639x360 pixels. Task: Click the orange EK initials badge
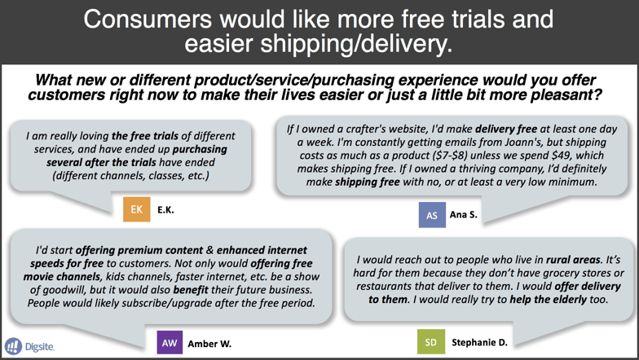pyautogui.click(x=137, y=209)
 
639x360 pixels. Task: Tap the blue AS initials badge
pyautogui.click(x=432, y=215)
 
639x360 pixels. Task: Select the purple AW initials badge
pyautogui.click(x=170, y=342)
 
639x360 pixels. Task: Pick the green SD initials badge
pyautogui.click(x=430, y=342)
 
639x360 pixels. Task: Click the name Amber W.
pyautogui.click(x=209, y=344)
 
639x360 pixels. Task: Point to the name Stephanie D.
pyautogui.click(x=479, y=342)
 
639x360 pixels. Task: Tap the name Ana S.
pyautogui.click(x=463, y=215)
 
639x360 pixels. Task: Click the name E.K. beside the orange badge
pyautogui.click(x=165, y=210)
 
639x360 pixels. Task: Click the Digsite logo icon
pyautogui.click(x=13, y=346)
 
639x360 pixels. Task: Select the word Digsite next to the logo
pyautogui.click(x=39, y=347)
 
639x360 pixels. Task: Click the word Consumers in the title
pyautogui.click(x=148, y=19)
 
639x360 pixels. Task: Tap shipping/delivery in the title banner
pyautogui.click(x=356, y=44)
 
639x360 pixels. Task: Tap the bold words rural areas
pyautogui.click(x=574, y=259)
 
